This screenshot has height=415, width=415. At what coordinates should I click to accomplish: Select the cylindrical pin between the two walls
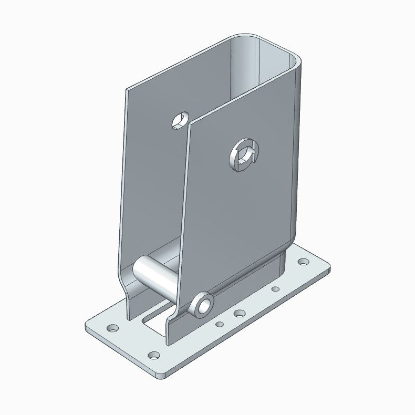[155, 274]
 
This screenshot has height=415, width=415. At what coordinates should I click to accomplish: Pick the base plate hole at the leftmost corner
[112, 328]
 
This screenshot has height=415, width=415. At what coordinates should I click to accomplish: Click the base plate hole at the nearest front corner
[153, 356]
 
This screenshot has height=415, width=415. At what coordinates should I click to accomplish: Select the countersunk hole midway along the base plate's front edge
[239, 314]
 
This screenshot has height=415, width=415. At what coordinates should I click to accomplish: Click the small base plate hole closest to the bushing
[219, 324]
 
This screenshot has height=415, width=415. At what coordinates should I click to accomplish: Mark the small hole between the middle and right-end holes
[275, 289]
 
